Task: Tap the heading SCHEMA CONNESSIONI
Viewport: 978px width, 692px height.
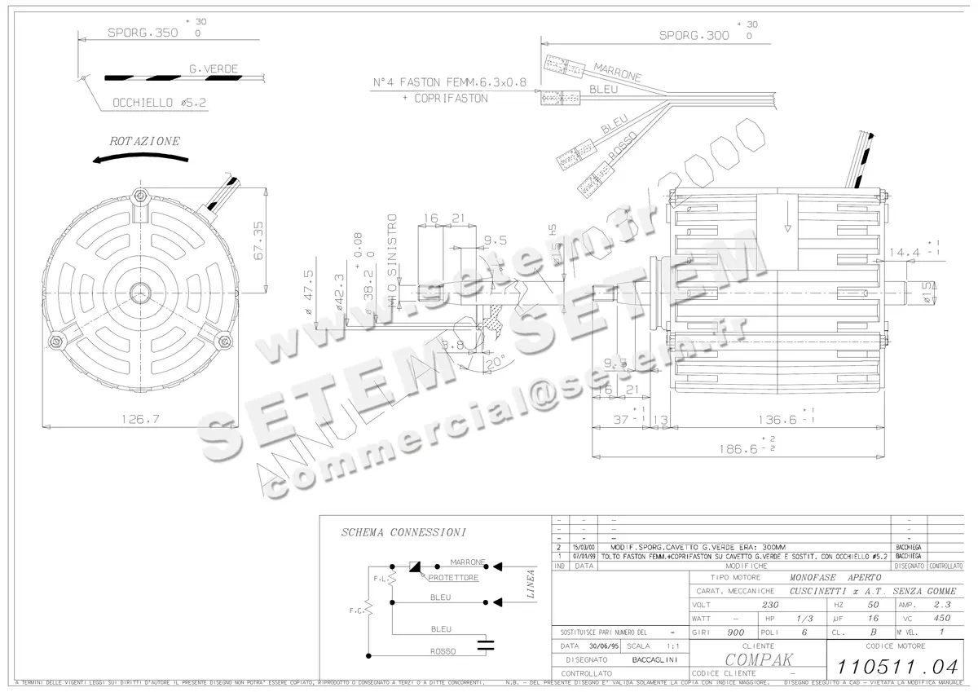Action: coord(403,533)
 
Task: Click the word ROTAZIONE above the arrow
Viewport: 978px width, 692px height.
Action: coord(144,141)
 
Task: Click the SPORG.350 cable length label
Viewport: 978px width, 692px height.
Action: coord(143,35)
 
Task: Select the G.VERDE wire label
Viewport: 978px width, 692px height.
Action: coord(214,69)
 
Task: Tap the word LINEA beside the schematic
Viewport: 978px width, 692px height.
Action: coord(531,584)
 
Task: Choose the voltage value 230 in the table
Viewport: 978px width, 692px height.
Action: coord(769,606)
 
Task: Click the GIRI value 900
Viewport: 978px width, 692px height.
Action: coord(735,632)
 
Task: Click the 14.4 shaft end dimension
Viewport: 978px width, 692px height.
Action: coord(904,253)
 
